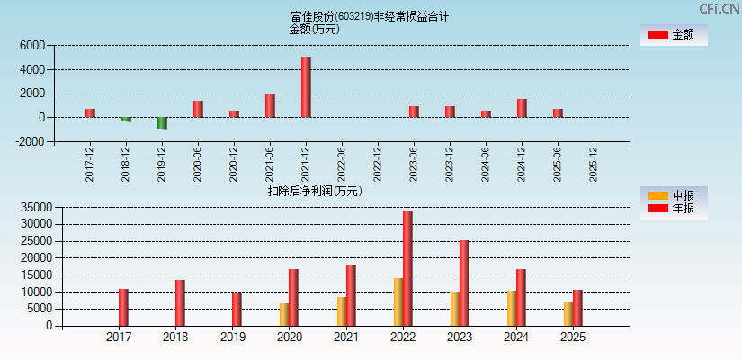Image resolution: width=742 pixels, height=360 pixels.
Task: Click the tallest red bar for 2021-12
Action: point(306,87)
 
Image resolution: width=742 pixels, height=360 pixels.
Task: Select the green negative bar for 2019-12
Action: point(162,123)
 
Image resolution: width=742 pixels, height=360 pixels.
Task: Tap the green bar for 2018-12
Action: point(126,120)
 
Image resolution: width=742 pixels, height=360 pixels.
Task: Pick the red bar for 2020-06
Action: point(198,109)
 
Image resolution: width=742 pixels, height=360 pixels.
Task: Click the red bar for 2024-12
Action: point(522,108)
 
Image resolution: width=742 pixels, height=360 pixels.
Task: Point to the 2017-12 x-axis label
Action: point(90,165)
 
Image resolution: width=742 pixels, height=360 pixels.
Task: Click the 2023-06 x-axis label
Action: point(414,165)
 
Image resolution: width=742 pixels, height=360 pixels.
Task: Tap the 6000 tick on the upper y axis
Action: point(31,45)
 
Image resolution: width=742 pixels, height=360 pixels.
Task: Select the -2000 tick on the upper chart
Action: point(30,142)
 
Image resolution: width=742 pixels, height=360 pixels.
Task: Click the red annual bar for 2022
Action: point(407,268)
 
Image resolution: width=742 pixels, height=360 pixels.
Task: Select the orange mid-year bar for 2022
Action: point(398,302)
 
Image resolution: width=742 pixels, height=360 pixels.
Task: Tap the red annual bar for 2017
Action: point(123,308)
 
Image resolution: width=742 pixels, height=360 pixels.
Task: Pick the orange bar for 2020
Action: point(284,315)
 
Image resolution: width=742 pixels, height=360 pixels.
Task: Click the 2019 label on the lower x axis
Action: point(232,337)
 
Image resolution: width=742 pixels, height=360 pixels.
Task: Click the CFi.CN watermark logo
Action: point(720,8)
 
